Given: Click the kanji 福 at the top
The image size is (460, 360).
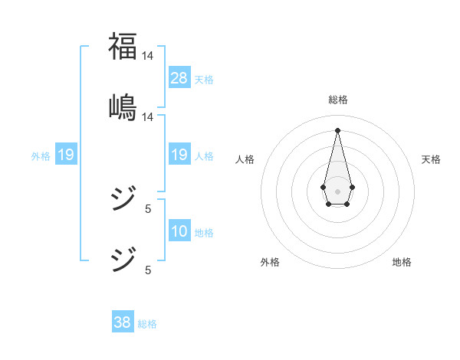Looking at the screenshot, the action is click(x=123, y=46).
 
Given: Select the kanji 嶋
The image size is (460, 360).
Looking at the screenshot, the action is click(x=123, y=106).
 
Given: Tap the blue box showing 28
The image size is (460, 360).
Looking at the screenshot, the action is click(x=179, y=78).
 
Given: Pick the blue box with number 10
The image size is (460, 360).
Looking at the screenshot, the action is click(x=179, y=231).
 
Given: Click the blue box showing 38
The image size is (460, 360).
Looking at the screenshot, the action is click(x=123, y=322).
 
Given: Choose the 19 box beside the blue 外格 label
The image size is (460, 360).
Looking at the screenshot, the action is click(x=66, y=155).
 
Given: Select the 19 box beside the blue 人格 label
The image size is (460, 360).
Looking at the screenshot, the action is click(x=179, y=155).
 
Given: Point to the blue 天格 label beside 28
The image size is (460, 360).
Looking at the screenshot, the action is click(x=204, y=80).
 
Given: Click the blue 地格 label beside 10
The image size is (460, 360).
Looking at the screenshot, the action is click(x=204, y=233).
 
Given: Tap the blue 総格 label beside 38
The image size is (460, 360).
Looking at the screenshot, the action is click(x=147, y=324).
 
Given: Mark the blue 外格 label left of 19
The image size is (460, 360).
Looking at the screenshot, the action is click(x=41, y=156).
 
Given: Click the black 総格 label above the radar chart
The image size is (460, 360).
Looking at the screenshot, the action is click(x=338, y=100).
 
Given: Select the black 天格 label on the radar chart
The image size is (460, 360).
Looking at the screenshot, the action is click(x=432, y=159).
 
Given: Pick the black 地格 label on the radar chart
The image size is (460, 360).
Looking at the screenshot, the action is click(x=402, y=262).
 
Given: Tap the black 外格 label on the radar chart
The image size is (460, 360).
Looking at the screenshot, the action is click(x=270, y=262).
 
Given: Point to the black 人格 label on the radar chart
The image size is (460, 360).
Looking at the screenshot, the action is click(x=245, y=159).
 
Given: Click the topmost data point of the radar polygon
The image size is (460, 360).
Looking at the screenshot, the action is click(x=337, y=129).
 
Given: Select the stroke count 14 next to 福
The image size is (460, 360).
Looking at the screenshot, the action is click(x=147, y=56).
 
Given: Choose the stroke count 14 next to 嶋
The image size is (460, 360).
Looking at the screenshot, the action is click(x=147, y=117).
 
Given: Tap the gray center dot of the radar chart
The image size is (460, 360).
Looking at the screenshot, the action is click(x=337, y=190).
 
